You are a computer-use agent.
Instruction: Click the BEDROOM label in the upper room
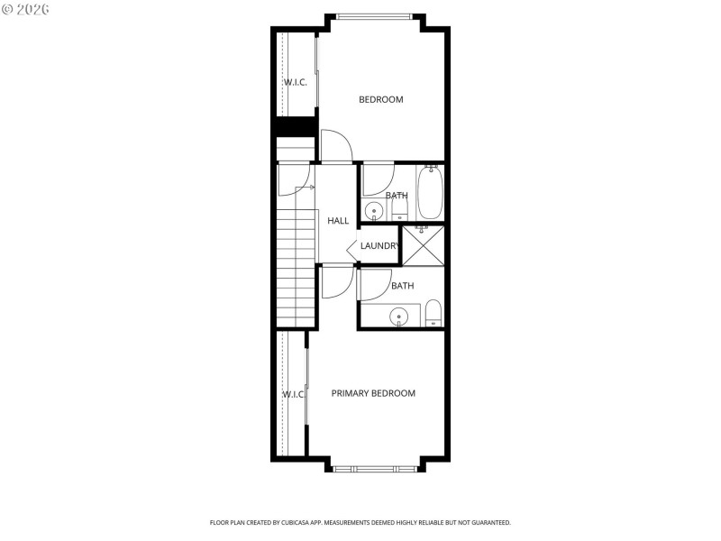[x=381, y=99]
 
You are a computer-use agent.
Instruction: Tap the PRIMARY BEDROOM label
[x=373, y=393]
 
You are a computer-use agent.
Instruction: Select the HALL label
[x=338, y=221]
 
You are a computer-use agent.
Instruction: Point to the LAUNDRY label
[x=379, y=246]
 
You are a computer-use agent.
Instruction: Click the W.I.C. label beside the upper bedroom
[x=296, y=83]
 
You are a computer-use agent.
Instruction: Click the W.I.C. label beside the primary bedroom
[x=294, y=395]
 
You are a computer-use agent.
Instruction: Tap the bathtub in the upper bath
[x=430, y=193]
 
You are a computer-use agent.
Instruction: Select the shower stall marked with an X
[x=423, y=245]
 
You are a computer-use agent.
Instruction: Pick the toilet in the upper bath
[x=399, y=210]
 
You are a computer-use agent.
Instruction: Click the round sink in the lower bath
[x=397, y=316]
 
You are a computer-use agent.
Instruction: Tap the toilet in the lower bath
[x=433, y=313]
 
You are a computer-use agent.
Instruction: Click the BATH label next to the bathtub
[x=397, y=196]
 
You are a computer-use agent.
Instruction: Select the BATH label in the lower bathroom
[x=402, y=286]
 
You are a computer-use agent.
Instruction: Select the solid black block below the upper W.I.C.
[x=296, y=127]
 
